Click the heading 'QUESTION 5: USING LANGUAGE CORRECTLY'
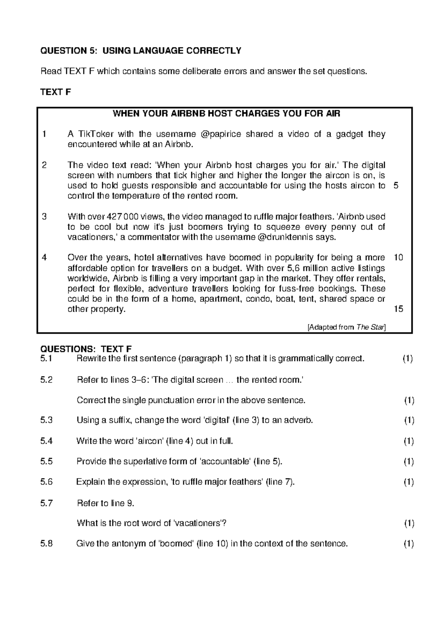click(x=141, y=51)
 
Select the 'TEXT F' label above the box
click(x=55, y=92)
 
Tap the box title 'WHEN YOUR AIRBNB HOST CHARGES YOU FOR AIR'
click(x=226, y=114)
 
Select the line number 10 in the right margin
click(x=398, y=257)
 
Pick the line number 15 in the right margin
click(x=398, y=309)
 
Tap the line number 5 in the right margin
click(x=396, y=186)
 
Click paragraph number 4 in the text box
click(x=44, y=257)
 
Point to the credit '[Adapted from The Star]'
click(x=346, y=327)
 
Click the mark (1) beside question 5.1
click(x=407, y=358)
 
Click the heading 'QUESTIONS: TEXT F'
click(x=86, y=349)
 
